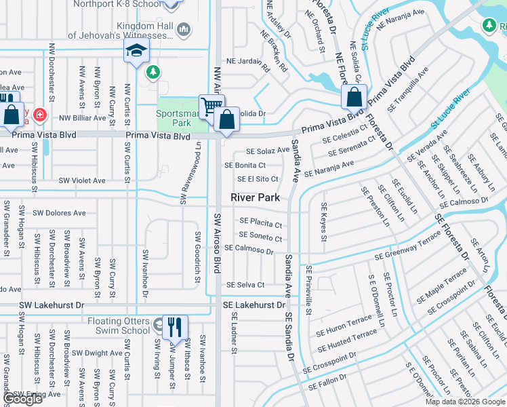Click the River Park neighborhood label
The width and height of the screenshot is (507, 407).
pyautogui.click(x=255, y=197)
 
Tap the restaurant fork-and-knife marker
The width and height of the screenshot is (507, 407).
pyautogui.click(x=176, y=327)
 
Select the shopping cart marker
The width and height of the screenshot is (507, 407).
pyautogui.click(x=211, y=106)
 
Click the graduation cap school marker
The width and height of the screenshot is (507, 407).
pyautogui.click(x=136, y=51)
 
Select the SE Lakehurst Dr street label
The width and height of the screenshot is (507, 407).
pyautogui.click(x=254, y=306)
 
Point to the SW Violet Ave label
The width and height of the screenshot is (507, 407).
pyautogui.click(x=82, y=180)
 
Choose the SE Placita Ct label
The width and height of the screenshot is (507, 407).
pyautogui.click(x=260, y=223)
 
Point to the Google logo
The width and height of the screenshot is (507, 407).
pyautogui.click(x=24, y=400)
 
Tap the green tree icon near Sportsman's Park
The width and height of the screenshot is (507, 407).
pyautogui.click(x=154, y=71)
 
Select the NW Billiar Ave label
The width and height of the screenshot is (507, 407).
pyautogui.click(x=83, y=117)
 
